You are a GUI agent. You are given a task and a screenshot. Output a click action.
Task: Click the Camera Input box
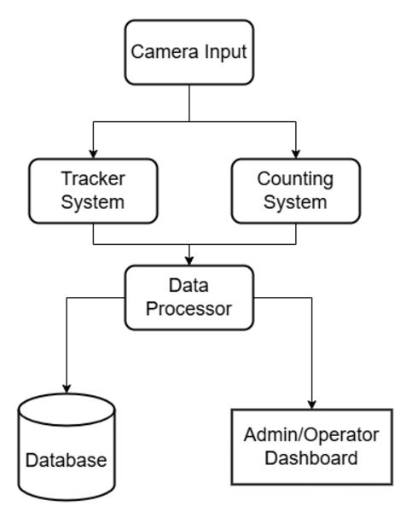[x=189, y=52]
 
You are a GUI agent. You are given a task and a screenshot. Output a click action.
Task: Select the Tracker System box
[x=93, y=191]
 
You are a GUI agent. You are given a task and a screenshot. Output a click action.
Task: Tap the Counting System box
[x=296, y=191]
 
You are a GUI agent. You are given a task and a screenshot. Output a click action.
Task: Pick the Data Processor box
[x=189, y=297]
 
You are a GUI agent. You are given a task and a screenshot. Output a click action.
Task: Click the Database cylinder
[x=67, y=446]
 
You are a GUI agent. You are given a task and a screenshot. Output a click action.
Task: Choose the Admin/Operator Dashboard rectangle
[x=312, y=447]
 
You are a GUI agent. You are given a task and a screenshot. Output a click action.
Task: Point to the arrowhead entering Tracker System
[x=93, y=154]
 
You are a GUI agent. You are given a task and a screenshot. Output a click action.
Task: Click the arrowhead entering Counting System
[x=296, y=154]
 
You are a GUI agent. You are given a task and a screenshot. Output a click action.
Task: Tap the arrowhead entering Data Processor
[x=189, y=260]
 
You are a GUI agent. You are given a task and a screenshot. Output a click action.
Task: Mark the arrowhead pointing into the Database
[x=67, y=389]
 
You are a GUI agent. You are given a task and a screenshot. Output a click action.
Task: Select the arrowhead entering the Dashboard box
[x=312, y=405]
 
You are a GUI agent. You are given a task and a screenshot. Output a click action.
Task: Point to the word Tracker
[x=93, y=178]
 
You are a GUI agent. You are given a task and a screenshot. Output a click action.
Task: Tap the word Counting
[x=295, y=180]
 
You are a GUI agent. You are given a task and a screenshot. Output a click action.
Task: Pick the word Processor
[x=189, y=309]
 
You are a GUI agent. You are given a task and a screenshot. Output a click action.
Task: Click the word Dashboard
[x=311, y=458]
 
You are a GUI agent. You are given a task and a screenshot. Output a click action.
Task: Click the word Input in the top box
[x=225, y=53]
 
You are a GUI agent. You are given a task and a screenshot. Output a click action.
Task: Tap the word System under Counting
[x=295, y=202]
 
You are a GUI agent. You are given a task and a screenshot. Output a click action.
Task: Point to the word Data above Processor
[x=189, y=285]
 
